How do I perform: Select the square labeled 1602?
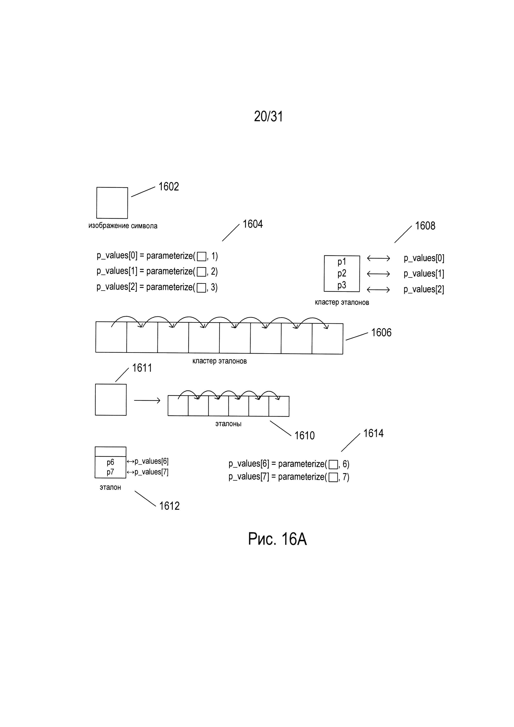coord(112,203)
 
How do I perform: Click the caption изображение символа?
coord(123,226)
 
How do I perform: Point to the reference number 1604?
coord(253,224)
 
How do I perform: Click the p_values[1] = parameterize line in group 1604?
coord(157,271)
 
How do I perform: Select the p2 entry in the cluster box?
coord(342,273)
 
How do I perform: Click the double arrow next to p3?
coord(378,289)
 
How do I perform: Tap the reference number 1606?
coord(381,333)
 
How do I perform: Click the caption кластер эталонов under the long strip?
coord(219,361)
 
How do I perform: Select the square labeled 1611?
coord(111,400)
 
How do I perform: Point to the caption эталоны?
coord(228,424)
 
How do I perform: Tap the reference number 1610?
coord(304,436)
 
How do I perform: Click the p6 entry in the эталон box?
coord(110,462)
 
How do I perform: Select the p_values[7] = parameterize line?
coord(289,477)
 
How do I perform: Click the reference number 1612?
coord(169,506)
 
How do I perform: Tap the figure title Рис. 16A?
coord(277,539)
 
